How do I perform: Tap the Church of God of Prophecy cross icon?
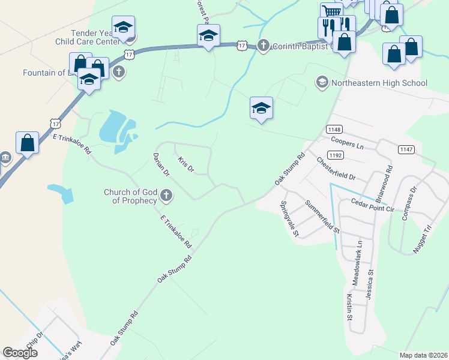166,196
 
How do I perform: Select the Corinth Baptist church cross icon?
264,46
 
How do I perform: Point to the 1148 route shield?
334,130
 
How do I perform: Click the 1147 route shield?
405,149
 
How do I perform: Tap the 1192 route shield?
335,155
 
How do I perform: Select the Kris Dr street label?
186,164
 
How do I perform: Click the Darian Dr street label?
161,164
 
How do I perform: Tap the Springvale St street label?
289,218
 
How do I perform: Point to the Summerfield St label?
322,217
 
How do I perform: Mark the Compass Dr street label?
409,203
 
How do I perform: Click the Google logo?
20,352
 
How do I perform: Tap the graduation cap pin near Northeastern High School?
261,109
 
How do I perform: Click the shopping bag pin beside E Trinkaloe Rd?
27,143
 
